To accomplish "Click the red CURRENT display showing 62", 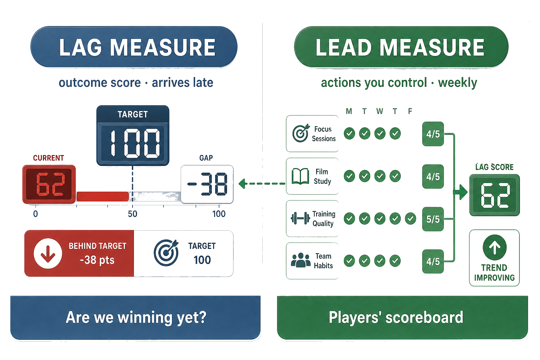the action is point(49,184).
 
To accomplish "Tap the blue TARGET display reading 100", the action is point(133,135).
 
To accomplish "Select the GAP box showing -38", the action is point(207,184).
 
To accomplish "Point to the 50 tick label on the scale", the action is point(133,214).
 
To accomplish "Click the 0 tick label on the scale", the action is point(36,214).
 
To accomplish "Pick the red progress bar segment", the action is point(102,197).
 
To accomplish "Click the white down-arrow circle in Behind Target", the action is point(48,253).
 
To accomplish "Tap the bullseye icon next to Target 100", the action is point(166,253).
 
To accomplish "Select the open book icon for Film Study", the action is point(300,176).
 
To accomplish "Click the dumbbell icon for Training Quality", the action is point(300,218).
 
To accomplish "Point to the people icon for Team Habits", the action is point(301,260).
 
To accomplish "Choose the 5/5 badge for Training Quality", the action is point(433,219).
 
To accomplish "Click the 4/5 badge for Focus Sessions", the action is point(433,134).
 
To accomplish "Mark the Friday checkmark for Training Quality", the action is point(411,218).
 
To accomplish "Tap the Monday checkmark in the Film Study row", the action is point(349,176).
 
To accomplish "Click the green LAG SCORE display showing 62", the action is point(494,195).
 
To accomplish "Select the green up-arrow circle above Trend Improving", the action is point(494,247).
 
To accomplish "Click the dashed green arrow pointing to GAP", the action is point(262,184).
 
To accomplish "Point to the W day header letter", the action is point(380,111).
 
